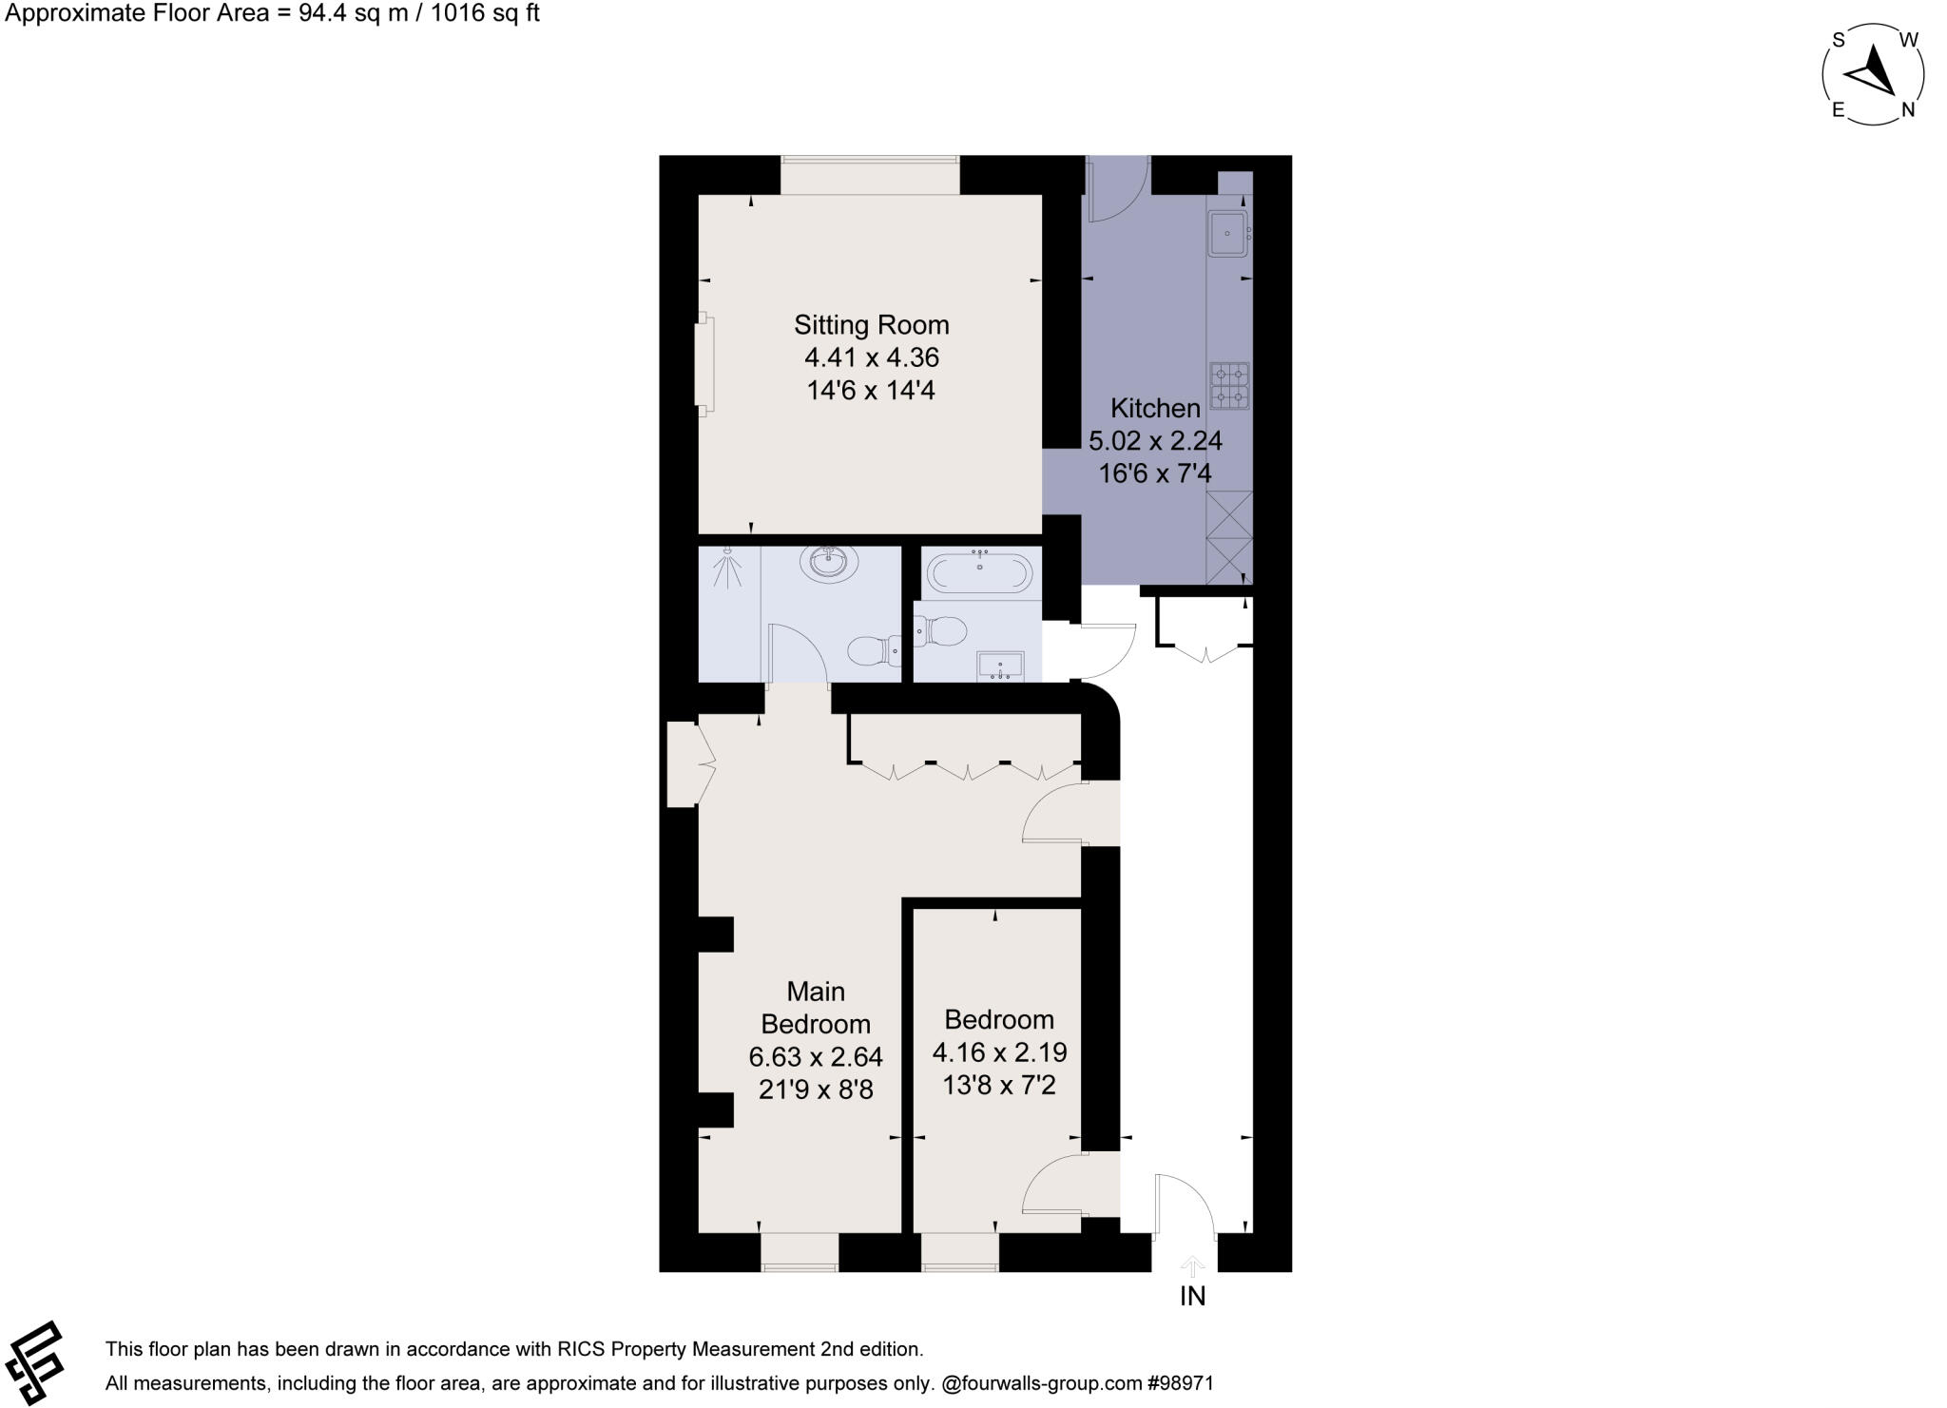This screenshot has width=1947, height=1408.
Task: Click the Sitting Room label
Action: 871,325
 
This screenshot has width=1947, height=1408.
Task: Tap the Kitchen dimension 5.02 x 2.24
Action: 1155,441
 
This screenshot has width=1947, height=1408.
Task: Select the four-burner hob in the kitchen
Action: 1229,386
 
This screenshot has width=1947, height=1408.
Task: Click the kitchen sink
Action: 1227,234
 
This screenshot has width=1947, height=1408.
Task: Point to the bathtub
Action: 979,572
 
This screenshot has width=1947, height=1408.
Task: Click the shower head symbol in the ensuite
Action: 729,568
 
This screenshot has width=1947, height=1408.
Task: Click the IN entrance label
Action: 1192,1296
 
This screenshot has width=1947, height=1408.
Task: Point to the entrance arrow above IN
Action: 1192,1265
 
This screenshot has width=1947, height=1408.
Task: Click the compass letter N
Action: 1907,110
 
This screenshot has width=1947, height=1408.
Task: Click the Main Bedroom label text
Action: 815,1008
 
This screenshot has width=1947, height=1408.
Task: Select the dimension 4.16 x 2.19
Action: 999,1052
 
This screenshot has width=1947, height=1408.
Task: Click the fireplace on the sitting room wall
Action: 704,365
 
